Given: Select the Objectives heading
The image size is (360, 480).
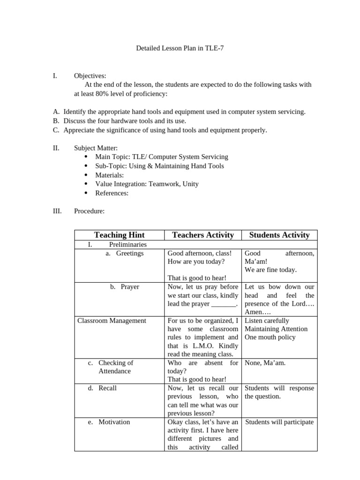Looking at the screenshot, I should pyautogui.click(x=90, y=75).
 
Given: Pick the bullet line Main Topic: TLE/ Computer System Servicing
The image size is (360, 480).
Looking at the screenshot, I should pyautogui.click(x=161, y=157).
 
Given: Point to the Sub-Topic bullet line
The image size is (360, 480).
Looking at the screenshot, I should pyautogui.click(x=159, y=166).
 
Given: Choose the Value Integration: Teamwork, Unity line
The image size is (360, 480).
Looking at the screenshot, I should pyautogui.click(x=147, y=184).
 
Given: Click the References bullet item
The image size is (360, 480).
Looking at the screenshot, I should pyautogui.click(x=112, y=193).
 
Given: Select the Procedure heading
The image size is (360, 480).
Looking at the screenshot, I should pyautogui.click(x=89, y=211).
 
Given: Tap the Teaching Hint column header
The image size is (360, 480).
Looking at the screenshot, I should pyautogui.click(x=119, y=235).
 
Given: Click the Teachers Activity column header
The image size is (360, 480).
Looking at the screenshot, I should pyautogui.click(x=202, y=235).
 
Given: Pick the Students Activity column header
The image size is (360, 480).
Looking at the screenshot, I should pyautogui.click(x=279, y=235).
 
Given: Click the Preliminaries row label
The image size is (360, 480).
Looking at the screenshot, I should pyautogui.click(x=127, y=245).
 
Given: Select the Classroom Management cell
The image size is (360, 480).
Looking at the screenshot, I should pyautogui.click(x=112, y=321).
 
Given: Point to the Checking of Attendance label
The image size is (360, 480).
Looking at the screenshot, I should pyautogui.click(x=115, y=367).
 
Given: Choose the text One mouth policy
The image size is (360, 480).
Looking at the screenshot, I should pyautogui.click(x=270, y=337).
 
